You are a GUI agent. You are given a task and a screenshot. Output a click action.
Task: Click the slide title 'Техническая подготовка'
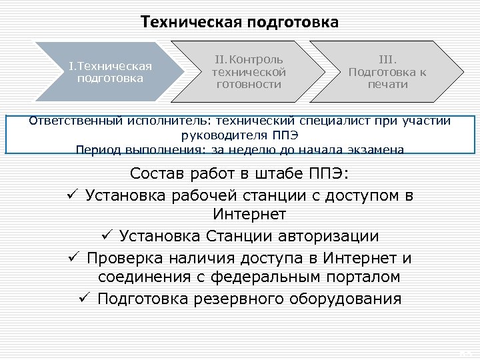[239, 22]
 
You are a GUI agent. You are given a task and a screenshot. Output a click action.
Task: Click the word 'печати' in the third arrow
[387, 85]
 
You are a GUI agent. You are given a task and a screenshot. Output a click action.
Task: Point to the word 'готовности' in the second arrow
[249, 85]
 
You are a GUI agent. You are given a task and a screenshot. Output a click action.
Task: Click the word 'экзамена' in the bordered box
[376, 150]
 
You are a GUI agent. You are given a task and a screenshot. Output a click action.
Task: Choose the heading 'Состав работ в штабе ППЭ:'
[239, 175]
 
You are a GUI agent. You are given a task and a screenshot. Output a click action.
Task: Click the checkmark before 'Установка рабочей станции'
[73, 196]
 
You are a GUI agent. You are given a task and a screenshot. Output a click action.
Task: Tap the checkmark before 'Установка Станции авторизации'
[107, 236]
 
